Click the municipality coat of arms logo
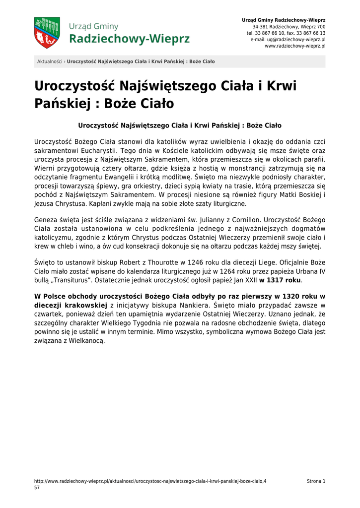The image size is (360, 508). pyautogui.click(x=47, y=33)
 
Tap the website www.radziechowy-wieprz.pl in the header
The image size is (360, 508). pyautogui.click(x=295, y=46)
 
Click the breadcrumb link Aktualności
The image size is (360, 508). pyautogui.click(x=50, y=62)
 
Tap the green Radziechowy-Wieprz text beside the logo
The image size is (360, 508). pyautogui.click(x=130, y=39)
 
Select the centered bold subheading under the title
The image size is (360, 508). pyautogui.click(x=180, y=126)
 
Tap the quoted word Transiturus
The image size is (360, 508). pyautogui.click(x=67, y=280)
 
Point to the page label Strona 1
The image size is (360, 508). pyautogui.click(x=316, y=481)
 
